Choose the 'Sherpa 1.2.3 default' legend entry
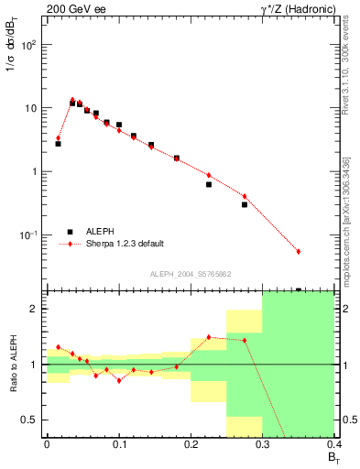(x=124, y=244)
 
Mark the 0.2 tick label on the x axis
(x=191, y=445)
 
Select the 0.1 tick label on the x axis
(x=118, y=445)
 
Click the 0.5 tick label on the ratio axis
(x=31, y=420)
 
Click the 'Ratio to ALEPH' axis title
(x=12, y=365)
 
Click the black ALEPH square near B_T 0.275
(x=245, y=204)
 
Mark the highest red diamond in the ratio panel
(x=209, y=337)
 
